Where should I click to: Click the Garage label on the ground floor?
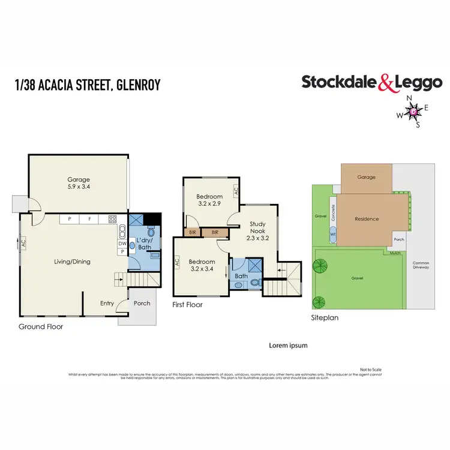pyautogui.click(x=79, y=179)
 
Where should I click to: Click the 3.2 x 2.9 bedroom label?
pyautogui.click(x=209, y=197)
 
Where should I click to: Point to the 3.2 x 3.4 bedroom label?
pyautogui.click(x=201, y=262)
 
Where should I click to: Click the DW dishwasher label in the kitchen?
pyautogui.click(x=122, y=243)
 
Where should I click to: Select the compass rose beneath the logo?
pyautogui.click(x=414, y=112)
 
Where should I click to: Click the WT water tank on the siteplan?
pyautogui.click(x=334, y=235)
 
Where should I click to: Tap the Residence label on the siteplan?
pyautogui.click(x=367, y=219)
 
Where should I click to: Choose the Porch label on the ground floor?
pyautogui.click(x=142, y=303)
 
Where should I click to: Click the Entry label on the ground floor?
pyautogui.click(x=107, y=304)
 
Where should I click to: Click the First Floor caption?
pyautogui.click(x=187, y=305)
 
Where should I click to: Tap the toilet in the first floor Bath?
pyautogui.click(x=254, y=281)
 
